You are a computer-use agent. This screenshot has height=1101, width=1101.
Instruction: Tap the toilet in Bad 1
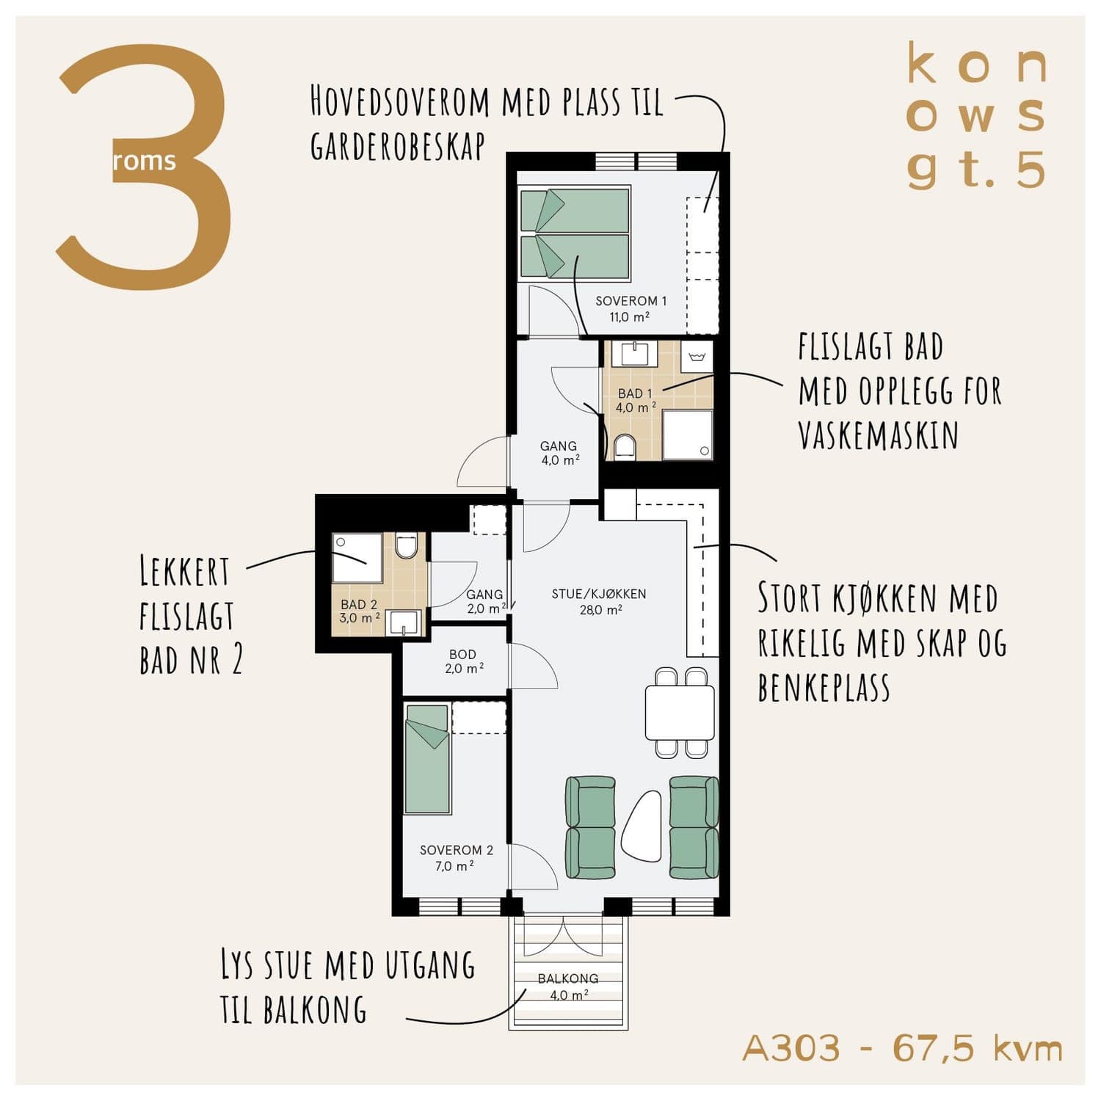(625, 446)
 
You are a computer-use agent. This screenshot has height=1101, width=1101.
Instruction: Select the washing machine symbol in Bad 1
(697, 357)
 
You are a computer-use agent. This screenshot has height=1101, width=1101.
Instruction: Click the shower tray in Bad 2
(357, 558)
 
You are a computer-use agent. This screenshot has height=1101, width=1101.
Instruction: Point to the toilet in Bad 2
(406, 545)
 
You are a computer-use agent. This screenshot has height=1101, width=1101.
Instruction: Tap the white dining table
(680, 712)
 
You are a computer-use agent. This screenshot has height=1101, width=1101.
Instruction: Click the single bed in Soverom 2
(427, 759)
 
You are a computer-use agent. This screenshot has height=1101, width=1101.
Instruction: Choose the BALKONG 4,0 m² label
(568, 986)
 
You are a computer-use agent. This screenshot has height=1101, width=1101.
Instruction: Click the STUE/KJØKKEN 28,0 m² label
(599, 601)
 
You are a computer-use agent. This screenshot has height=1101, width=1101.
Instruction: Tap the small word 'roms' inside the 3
(145, 161)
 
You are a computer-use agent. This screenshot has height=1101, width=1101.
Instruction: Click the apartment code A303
(791, 1047)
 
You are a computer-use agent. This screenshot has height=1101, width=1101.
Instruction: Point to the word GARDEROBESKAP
(398, 147)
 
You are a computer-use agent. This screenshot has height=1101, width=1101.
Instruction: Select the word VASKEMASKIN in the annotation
(878, 435)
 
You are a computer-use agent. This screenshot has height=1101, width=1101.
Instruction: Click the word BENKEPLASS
(824, 687)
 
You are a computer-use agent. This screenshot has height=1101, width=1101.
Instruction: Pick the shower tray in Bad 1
(688, 435)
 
